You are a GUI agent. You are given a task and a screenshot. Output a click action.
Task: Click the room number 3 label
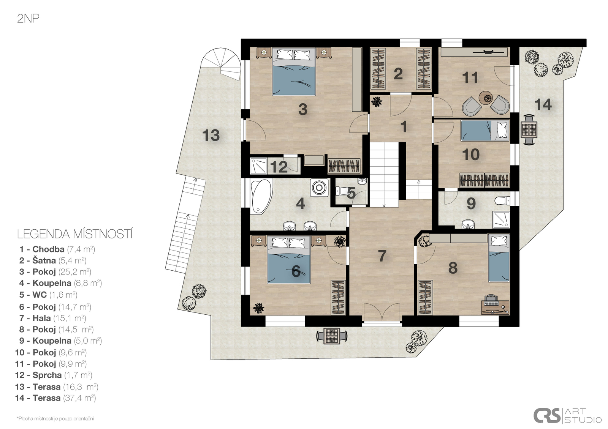click(x=302, y=109)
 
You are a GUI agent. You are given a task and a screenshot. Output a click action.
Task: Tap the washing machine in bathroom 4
click(x=319, y=188)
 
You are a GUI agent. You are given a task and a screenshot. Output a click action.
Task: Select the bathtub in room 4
click(x=261, y=196)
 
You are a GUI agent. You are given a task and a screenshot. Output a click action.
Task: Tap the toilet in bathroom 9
click(x=502, y=201)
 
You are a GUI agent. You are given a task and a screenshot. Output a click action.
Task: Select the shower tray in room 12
click(x=258, y=166)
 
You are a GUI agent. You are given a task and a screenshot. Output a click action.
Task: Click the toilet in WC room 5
click(x=342, y=191)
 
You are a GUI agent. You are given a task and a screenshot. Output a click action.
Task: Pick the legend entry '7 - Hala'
click(x=53, y=318)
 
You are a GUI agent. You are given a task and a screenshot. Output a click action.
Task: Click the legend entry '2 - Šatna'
click(x=53, y=260)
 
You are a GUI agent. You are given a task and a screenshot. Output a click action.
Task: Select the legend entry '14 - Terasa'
click(x=55, y=398)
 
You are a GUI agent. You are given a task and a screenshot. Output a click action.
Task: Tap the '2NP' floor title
click(x=28, y=19)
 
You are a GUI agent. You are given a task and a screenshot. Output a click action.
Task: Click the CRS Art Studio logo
click(x=567, y=415)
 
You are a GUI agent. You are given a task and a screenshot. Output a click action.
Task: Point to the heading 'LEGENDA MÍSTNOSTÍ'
click(x=75, y=234)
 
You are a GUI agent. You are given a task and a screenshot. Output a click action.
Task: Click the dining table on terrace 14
click(x=529, y=130)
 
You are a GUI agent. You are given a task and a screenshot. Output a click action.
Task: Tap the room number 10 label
click(x=471, y=155)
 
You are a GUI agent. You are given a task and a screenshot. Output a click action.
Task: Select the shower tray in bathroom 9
click(x=501, y=219)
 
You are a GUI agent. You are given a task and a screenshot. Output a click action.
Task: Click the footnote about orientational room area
click(x=55, y=419)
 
